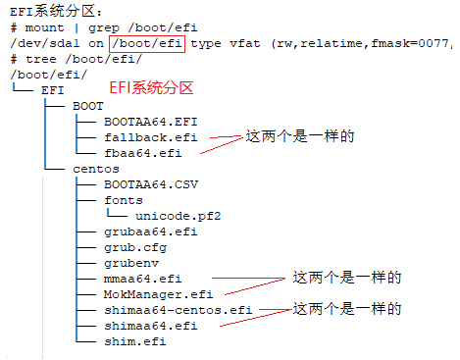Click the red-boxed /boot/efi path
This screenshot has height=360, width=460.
[146, 43]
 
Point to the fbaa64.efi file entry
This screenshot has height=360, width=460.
[142, 152]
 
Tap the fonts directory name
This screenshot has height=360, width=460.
[123, 199]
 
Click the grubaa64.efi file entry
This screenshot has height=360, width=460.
[150, 231]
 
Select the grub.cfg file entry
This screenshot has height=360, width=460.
[134, 247]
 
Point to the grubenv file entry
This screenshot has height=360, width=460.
[130, 263]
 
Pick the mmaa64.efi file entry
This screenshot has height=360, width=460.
[142, 279]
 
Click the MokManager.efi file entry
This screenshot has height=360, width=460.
[158, 294]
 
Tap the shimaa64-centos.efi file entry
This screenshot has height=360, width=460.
[178, 310]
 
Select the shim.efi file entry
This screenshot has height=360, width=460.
[134, 341]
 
